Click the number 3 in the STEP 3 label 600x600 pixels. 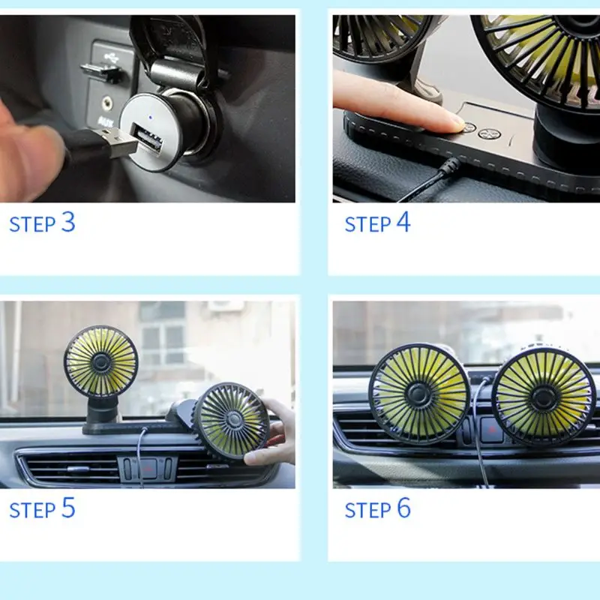click(x=68, y=221)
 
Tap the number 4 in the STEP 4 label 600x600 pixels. click(x=403, y=221)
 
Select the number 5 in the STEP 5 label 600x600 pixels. click(x=68, y=508)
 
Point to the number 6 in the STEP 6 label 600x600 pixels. click(x=403, y=508)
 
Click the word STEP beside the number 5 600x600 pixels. click(x=32, y=511)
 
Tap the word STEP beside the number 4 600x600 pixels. click(x=367, y=224)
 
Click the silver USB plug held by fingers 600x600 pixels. click(x=118, y=143)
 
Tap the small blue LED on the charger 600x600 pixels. click(x=151, y=118)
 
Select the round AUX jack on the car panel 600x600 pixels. click(x=106, y=103)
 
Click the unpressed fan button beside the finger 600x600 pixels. click(x=490, y=133)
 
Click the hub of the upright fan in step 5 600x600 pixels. click(x=100, y=361)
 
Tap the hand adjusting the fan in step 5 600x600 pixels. click(x=271, y=433)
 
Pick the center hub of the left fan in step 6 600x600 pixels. click(x=418, y=393)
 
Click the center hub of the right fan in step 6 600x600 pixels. click(x=543, y=398)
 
